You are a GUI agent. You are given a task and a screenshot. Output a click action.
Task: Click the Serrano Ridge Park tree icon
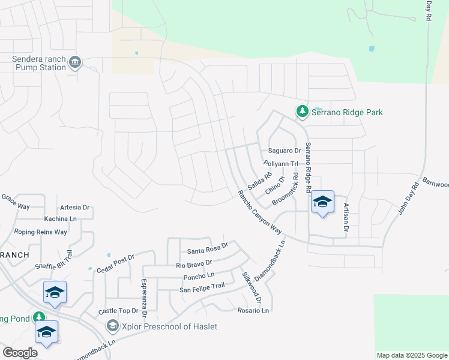(x=303, y=112)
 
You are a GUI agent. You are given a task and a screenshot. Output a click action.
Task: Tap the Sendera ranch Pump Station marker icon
(x=75, y=63)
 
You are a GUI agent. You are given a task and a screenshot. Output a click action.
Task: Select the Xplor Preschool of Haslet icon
(x=112, y=326)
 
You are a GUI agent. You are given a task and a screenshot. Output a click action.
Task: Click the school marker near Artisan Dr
(x=322, y=203)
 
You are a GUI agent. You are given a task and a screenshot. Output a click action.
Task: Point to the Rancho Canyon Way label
(x=259, y=212)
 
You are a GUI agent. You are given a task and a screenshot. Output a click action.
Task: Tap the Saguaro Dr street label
(x=285, y=151)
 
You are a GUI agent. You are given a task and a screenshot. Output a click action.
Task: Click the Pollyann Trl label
(x=281, y=163)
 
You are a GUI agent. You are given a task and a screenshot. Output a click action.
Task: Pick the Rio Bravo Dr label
(x=194, y=263)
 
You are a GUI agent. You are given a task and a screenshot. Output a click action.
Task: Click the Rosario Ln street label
(x=252, y=310)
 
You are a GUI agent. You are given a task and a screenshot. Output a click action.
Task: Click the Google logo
(x=20, y=353)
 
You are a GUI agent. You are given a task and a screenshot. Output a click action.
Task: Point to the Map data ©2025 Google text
(x=411, y=355)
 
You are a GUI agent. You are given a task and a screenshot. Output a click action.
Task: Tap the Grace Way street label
(x=15, y=202)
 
